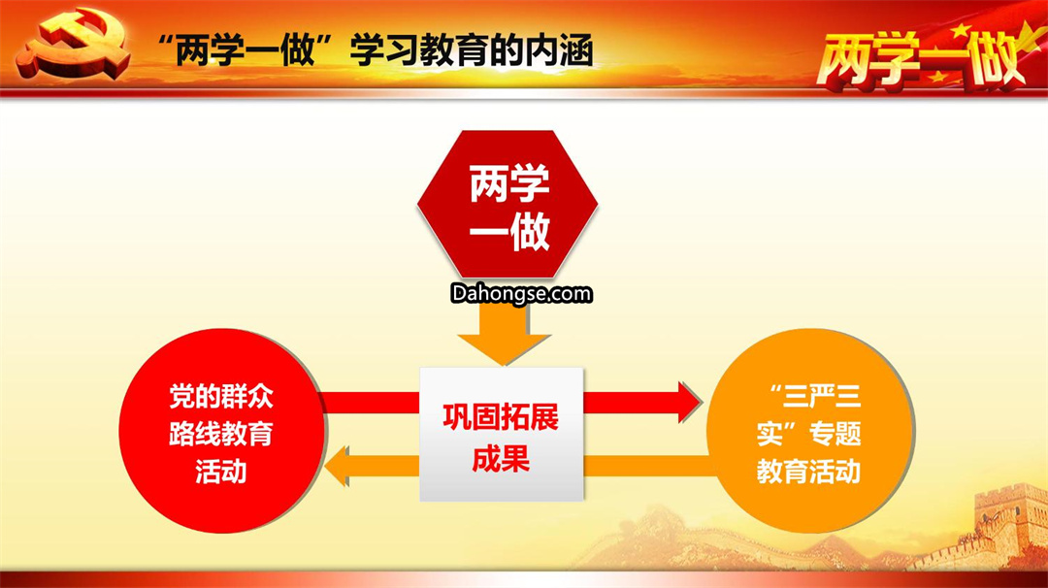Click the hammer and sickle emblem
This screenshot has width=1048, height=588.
(74, 44)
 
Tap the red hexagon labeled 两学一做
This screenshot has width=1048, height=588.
(508, 205)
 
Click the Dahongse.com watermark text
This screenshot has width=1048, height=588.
(521, 294)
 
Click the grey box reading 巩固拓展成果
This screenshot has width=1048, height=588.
(502, 435)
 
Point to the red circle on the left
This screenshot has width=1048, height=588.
(222, 431)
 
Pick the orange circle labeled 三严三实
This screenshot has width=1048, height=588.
(810, 431)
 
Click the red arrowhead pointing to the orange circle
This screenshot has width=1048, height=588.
(690, 403)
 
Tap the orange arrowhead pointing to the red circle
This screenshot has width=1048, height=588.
(337, 466)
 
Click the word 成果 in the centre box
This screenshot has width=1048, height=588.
(502, 459)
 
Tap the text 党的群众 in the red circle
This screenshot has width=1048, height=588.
(221, 396)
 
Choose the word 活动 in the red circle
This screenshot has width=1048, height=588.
(221, 471)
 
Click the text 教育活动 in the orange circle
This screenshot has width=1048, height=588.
(808, 471)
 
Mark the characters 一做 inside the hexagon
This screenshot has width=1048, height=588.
(509, 232)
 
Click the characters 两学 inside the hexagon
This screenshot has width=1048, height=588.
(509, 182)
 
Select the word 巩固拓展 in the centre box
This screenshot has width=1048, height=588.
(502, 417)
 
